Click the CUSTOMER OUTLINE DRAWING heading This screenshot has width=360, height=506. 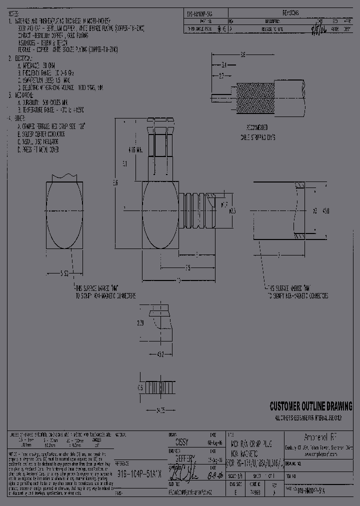(x=310, y=405)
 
